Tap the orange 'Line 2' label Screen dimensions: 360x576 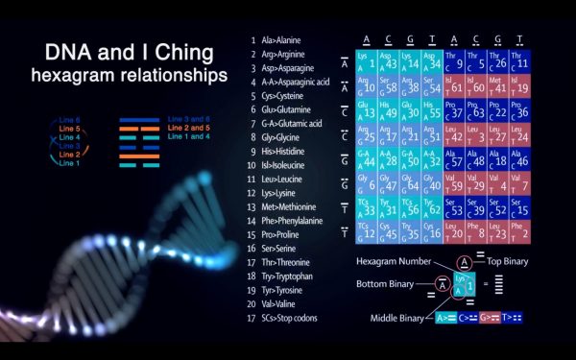(70, 155)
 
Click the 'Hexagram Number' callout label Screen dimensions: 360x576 (393, 261)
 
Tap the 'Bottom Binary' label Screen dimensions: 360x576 (390, 284)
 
